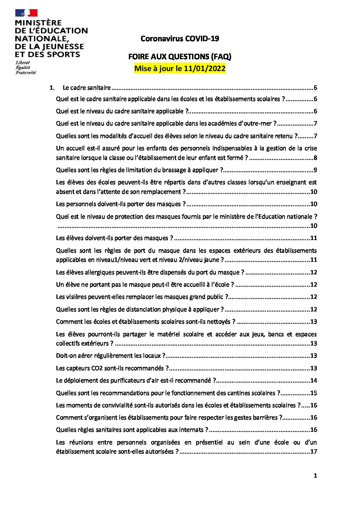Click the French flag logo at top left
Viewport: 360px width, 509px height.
(26, 13)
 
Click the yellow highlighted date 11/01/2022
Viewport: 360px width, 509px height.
(204, 68)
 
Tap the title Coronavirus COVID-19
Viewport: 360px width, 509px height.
(179, 39)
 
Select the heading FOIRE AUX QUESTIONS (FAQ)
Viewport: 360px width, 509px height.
(179, 56)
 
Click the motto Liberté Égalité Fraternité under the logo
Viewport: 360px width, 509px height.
(25, 68)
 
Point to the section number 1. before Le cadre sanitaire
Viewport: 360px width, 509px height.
(52, 88)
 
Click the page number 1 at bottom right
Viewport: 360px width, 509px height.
(315, 476)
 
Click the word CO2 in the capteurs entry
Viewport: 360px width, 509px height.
(99, 368)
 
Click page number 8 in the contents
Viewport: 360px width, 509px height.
(315, 158)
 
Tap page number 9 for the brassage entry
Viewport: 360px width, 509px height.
(315, 170)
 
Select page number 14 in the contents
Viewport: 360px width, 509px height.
(313, 380)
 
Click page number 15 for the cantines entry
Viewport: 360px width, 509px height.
(313, 393)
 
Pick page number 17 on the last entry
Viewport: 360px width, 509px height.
(313, 452)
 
